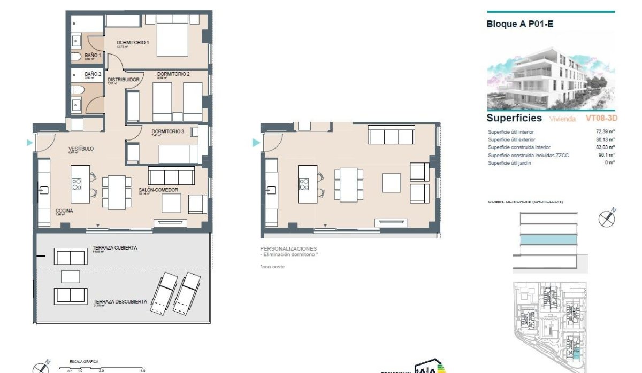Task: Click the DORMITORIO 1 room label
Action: point(132,43)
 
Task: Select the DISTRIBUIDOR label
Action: point(123,80)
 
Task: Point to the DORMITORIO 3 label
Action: point(167,131)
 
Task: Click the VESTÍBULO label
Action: point(81,149)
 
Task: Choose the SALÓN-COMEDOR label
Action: point(158,190)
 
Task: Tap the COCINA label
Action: point(64,211)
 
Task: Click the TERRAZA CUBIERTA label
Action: point(114,248)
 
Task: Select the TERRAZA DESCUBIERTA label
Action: point(119,301)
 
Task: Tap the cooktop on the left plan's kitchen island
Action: point(77,184)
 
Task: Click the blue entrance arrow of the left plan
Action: point(29,143)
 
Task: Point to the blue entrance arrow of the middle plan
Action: point(256,143)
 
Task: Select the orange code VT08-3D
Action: point(601,118)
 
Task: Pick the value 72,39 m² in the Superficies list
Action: point(605,131)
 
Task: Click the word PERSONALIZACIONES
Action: point(288,249)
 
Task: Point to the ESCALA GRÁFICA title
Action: point(81,362)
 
